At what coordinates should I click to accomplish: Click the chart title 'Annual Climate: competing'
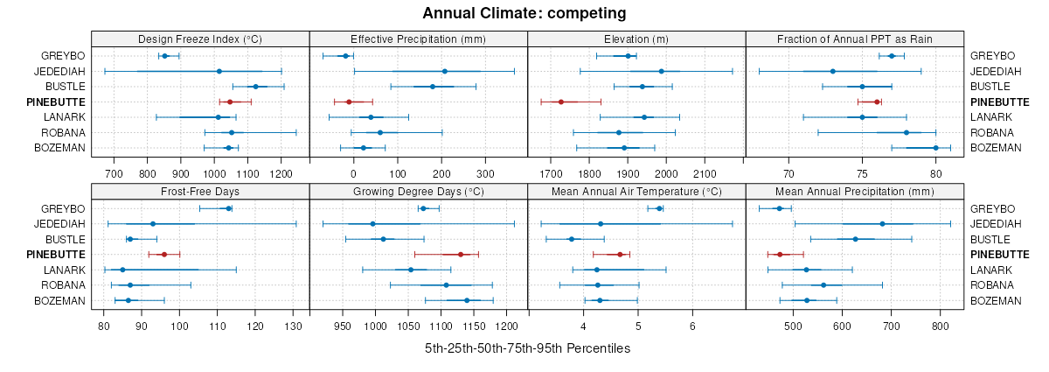(x=524, y=13)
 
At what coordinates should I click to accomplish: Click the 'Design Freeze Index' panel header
(x=200, y=39)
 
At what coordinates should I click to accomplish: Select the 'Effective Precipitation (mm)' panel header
(x=418, y=39)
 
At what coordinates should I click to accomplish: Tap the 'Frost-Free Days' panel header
(x=200, y=192)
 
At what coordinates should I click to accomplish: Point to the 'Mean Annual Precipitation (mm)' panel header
(x=854, y=192)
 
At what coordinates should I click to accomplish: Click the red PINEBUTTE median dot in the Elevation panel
(x=561, y=102)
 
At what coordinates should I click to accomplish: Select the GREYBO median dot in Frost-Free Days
(x=228, y=208)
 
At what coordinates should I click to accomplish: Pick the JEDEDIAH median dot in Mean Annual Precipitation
(x=882, y=224)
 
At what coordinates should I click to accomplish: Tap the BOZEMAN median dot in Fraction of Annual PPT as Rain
(x=935, y=148)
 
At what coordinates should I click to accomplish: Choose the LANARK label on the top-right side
(x=990, y=117)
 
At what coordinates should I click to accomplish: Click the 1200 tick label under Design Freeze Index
(x=281, y=173)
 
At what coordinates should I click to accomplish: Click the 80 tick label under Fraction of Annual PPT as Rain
(x=935, y=173)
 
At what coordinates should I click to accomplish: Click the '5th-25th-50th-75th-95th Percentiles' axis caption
(x=527, y=348)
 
